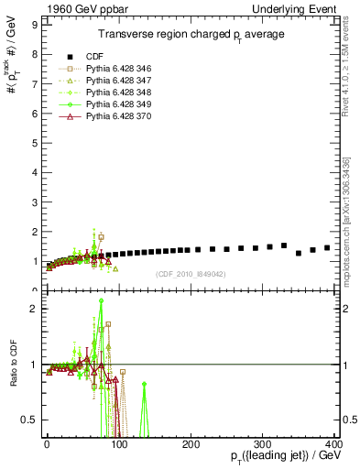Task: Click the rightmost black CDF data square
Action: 327,247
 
